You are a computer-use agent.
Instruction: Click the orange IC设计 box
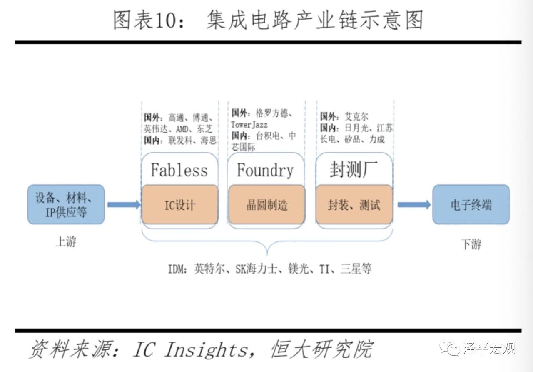point(179,204)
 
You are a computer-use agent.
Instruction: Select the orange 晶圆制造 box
point(267,204)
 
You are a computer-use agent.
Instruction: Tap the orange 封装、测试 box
point(354,204)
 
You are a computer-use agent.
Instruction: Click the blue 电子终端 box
point(471,204)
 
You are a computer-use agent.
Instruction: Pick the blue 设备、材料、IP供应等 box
point(66,204)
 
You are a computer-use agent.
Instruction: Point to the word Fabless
point(179,170)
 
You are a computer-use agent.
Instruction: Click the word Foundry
point(265,171)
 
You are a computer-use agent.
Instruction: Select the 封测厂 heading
point(354,169)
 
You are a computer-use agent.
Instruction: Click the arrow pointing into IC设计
point(124,205)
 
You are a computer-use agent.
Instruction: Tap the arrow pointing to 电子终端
point(414,205)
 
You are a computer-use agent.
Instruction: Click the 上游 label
point(66,241)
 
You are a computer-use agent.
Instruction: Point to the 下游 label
point(471,244)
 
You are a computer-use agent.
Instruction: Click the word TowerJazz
point(249,125)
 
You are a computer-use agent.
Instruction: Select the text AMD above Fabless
point(182,129)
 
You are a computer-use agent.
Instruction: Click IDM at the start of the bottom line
point(176,269)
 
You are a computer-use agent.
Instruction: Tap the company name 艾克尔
point(356,116)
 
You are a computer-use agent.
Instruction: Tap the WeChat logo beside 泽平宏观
point(450,348)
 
